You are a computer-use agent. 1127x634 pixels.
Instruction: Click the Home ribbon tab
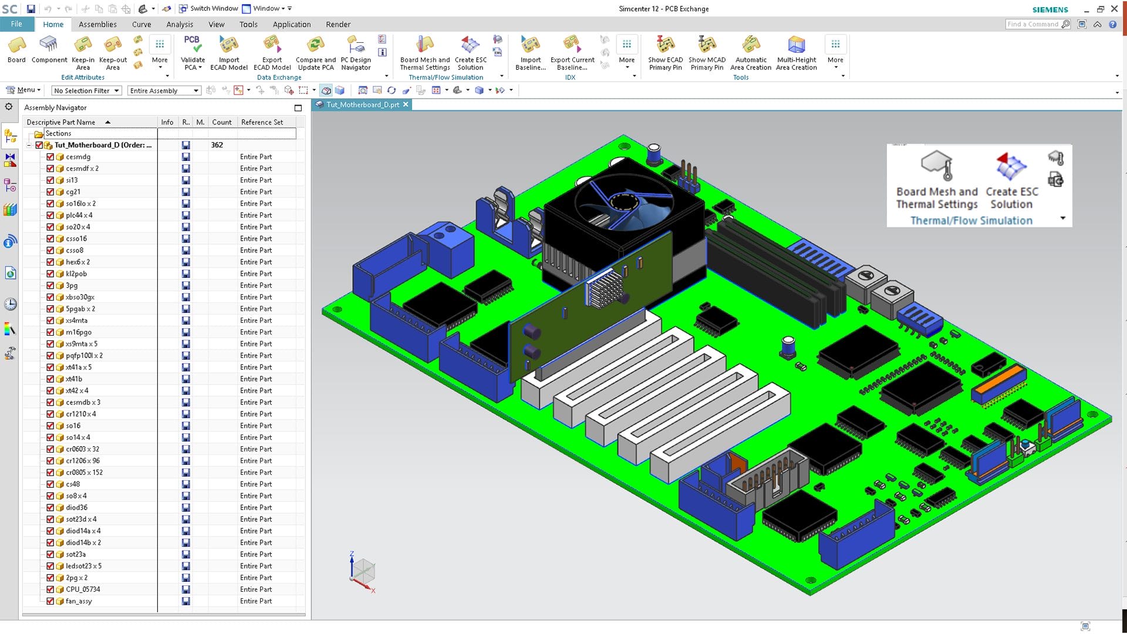pos(53,25)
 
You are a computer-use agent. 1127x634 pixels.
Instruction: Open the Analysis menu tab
pos(180,25)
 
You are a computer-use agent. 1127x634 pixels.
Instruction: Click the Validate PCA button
pos(193,53)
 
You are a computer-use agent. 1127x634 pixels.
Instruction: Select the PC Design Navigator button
pos(356,53)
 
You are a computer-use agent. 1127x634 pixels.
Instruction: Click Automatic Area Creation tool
pos(751,53)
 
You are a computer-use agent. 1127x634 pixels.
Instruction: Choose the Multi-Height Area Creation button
pos(797,53)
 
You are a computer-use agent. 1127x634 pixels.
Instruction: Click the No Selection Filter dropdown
pos(86,90)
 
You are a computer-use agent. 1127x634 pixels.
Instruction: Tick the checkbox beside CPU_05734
pos(50,589)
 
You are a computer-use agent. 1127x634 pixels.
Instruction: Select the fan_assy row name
pos(79,601)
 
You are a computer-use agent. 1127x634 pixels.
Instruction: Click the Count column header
pos(221,122)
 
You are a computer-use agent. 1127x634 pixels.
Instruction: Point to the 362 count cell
pos(217,145)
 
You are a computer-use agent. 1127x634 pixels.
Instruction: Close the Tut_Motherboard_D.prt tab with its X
pos(406,104)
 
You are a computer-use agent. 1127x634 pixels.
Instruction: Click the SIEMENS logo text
pos(1050,9)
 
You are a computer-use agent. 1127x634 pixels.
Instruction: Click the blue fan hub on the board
pos(620,202)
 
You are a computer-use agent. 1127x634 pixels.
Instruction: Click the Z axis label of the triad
pos(352,554)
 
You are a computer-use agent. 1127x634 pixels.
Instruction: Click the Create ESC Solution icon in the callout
pos(1011,166)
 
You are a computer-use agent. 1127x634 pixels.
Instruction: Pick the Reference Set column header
pos(262,122)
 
